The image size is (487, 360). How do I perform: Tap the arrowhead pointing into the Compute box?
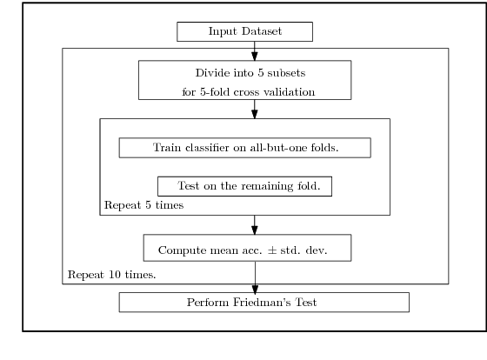(255, 229)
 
